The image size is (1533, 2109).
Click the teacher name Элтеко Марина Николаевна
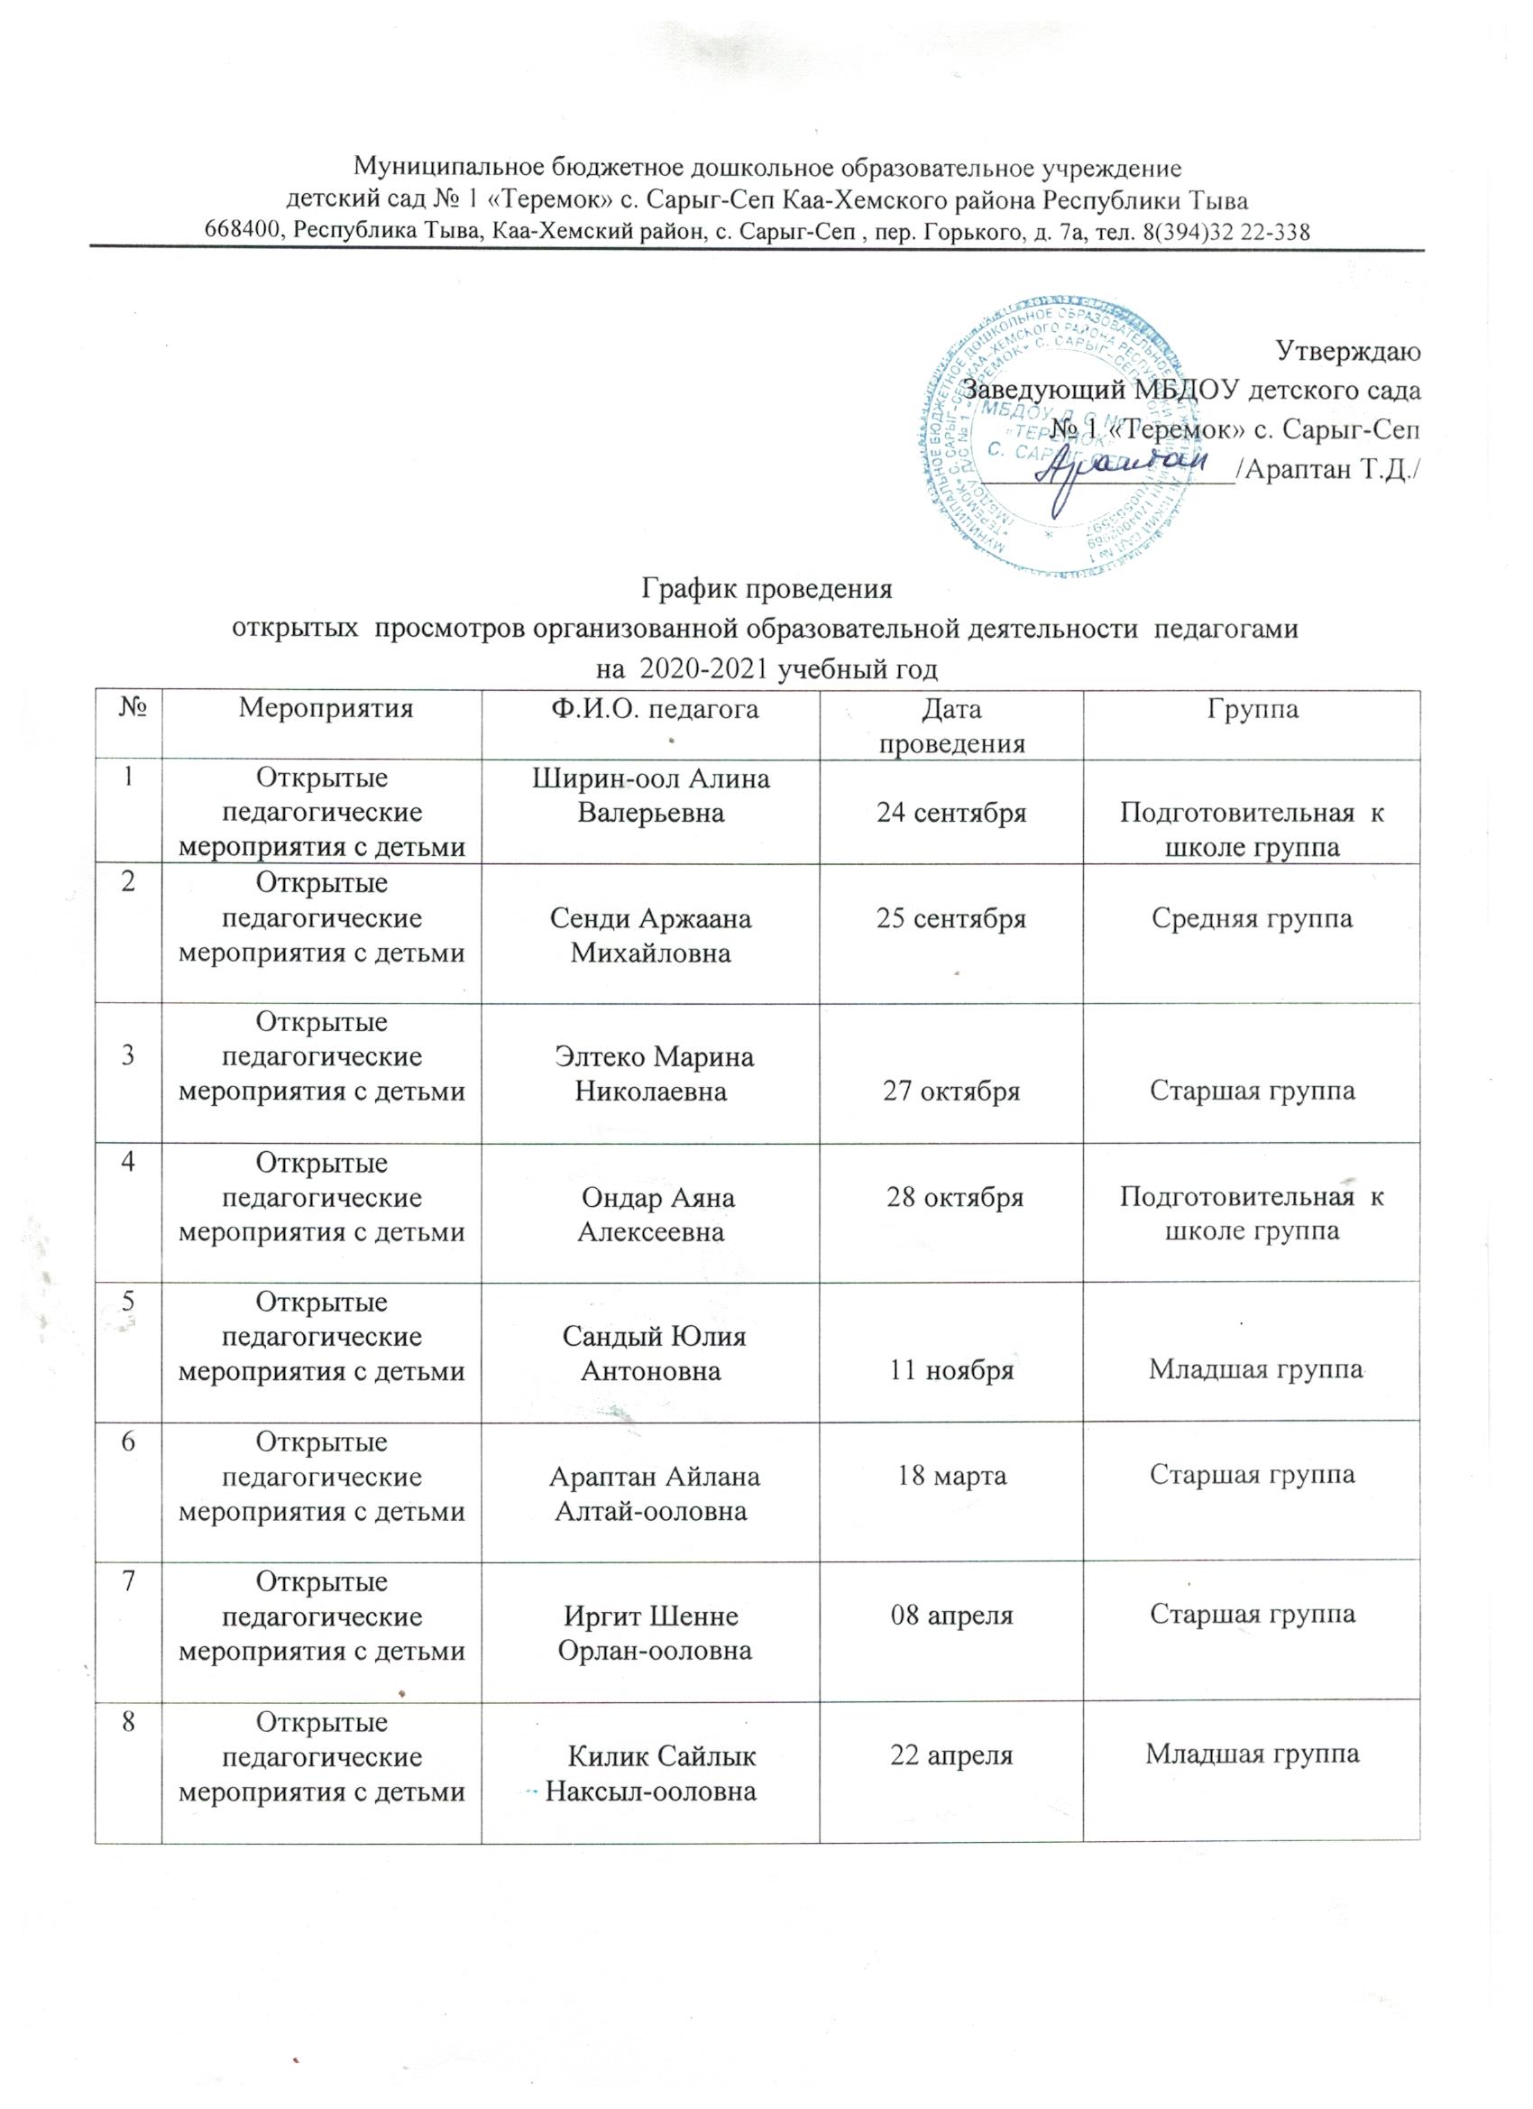coord(654,1074)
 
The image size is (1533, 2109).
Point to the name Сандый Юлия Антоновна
coord(654,1353)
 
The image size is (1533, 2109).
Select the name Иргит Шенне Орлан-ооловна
coord(654,1632)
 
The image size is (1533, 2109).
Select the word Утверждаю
coord(1347,351)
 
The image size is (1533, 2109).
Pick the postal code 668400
coord(243,232)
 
